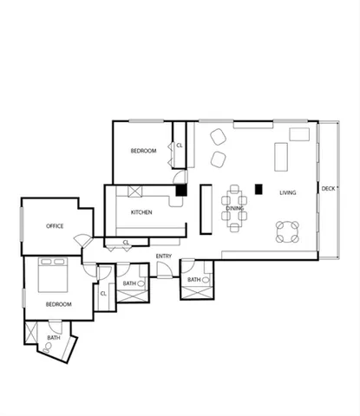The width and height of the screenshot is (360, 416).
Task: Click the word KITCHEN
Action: click(142, 212)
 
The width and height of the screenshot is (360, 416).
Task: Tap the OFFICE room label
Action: click(55, 226)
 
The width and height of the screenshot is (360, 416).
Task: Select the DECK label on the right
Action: click(328, 189)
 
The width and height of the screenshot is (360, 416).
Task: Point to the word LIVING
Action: click(287, 193)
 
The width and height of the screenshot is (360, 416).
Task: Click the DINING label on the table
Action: click(235, 208)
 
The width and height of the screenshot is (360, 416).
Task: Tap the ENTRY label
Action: click(164, 257)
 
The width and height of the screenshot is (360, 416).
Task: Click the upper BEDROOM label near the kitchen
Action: click(143, 151)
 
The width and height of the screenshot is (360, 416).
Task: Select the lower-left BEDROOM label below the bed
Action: click(58, 304)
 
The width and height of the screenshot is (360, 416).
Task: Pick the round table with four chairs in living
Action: click(287, 231)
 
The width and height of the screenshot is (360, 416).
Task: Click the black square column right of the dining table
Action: click(258, 187)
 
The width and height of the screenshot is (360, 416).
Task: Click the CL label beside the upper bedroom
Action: click(180, 146)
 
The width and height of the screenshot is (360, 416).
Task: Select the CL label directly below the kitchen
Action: click(126, 243)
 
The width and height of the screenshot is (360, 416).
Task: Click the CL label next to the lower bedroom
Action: click(103, 293)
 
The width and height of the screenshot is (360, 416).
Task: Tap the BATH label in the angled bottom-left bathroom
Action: click(54, 337)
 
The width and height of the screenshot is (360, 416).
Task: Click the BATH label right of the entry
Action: click(193, 280)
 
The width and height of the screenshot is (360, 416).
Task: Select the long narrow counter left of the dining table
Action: click(206, 209)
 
